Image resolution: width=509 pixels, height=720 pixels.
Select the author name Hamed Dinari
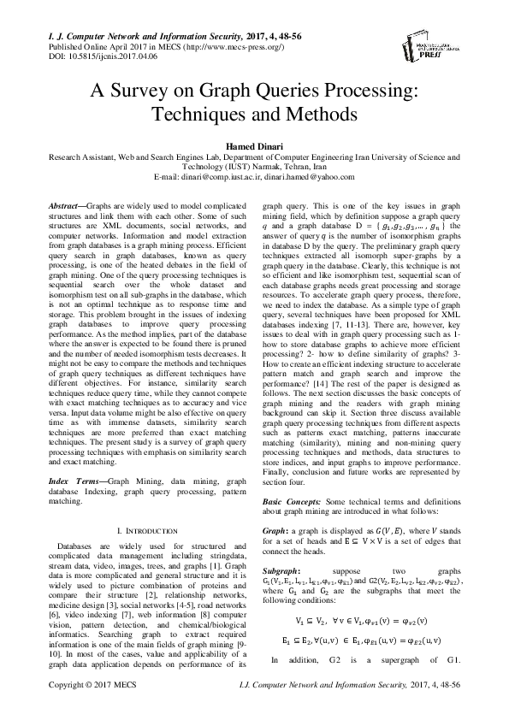(254, 146)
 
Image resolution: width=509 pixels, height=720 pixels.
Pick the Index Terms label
(71, 458)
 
